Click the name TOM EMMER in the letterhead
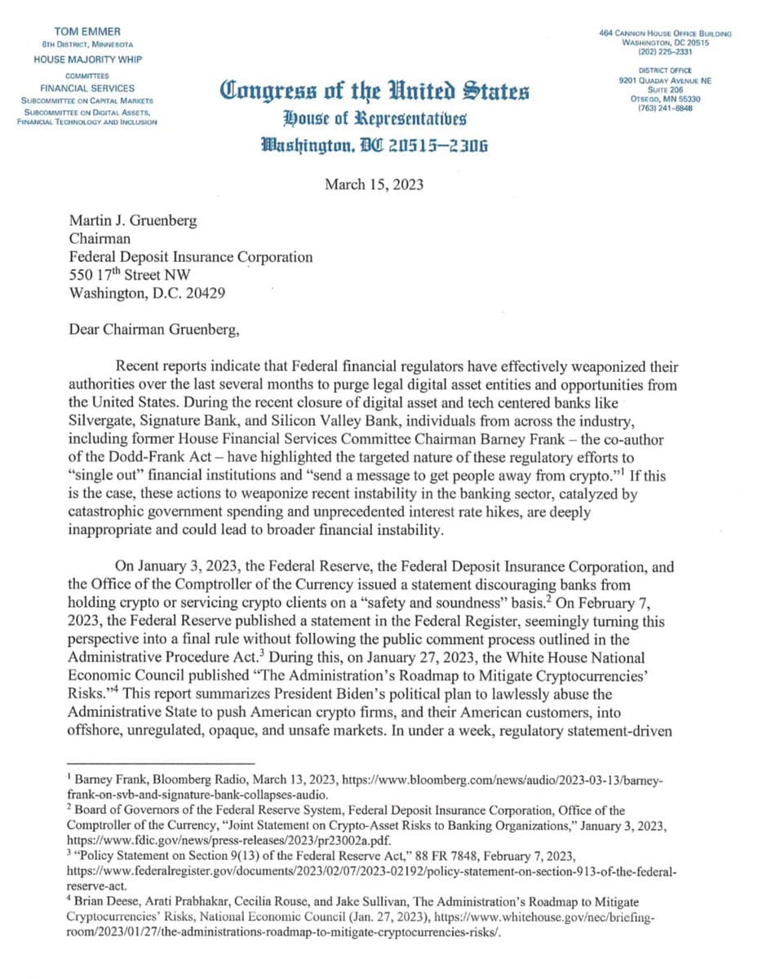click(87, 31)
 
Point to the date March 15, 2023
click(374, 184)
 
